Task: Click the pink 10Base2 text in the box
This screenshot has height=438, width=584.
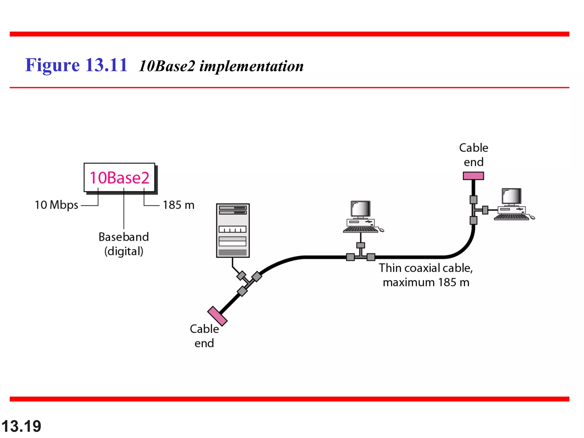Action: tap(119, 178)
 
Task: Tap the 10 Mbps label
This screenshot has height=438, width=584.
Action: tap(56, 205)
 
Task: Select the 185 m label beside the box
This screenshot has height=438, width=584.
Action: tap(179, 205)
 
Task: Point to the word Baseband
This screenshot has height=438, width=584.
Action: tap(123, 237)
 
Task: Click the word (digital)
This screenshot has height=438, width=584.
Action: tap(123, 251)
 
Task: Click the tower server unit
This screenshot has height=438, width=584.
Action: tap(233, 230)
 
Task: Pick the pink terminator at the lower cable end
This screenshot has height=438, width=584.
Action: tap(217, 316)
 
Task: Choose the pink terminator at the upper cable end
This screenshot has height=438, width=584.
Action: tap(473, 176)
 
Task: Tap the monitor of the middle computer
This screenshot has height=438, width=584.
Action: tap(361, 209)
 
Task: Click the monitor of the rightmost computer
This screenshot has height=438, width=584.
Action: tap(512, 196)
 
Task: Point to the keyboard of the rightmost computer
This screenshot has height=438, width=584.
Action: tap(511, 217)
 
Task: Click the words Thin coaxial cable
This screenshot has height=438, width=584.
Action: tap(425, 268)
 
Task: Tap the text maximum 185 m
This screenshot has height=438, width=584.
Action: tap(426, 282)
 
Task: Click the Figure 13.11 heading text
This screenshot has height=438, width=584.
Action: tap(76, 65)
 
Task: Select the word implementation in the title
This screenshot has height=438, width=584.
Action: tap(251, 66)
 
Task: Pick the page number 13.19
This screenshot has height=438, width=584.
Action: tap(21, 426)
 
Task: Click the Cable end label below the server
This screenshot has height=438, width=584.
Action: tap(204, 336)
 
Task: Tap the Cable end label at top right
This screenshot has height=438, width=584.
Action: tap(473, 155)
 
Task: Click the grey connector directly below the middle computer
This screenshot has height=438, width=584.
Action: tap(361, 245)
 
